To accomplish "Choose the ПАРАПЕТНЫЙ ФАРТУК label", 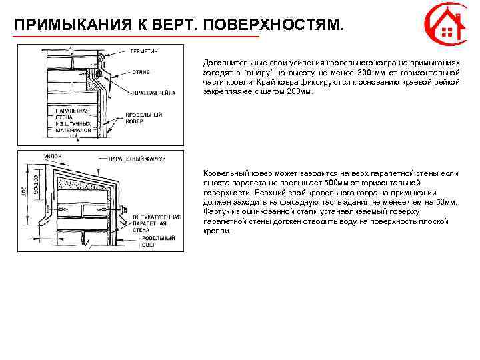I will click(x=137, y=159).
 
